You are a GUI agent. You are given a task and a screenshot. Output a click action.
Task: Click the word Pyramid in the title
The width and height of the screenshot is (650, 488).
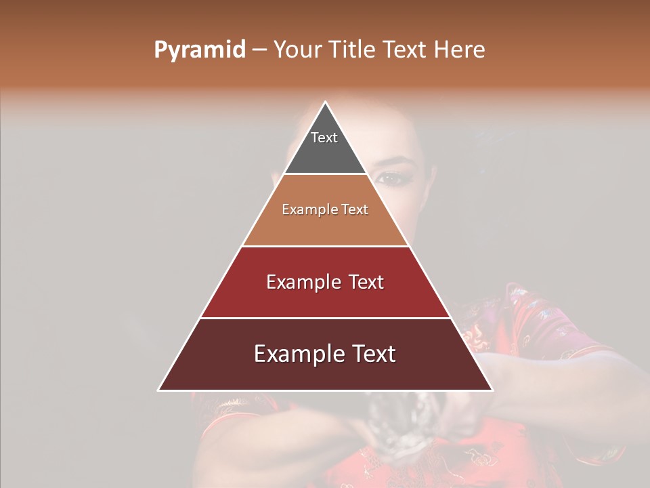[x=199, y=50]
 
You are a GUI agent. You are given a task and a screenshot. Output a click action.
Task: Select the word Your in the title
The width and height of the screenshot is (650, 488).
[x=299, y=50]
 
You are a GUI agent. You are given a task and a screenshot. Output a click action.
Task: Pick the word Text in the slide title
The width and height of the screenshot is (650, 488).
[x=404, y=50]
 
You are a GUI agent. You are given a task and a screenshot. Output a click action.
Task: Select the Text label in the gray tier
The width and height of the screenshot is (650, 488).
[x=324, y=138]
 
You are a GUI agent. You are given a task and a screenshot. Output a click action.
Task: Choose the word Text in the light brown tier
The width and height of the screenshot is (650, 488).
[x=355, y=210]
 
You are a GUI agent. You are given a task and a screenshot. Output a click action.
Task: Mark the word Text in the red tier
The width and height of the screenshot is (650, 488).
[x=366, y=283]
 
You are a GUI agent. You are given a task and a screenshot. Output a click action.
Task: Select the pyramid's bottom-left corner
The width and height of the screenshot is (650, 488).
[x=159, y=390]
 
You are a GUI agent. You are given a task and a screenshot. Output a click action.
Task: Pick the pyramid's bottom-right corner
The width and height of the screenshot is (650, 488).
[x=492, y=390]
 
